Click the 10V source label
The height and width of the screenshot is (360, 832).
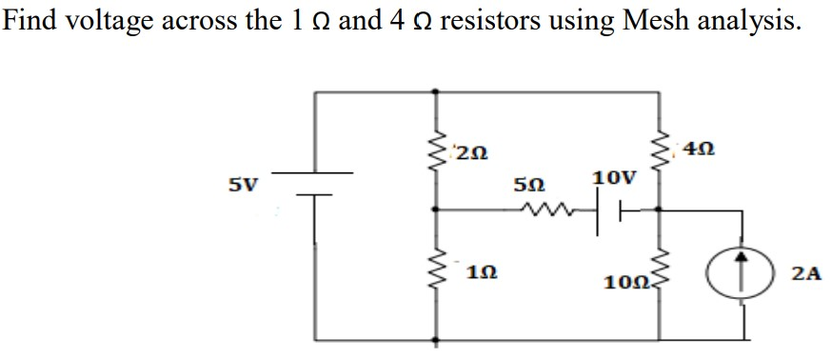click(x=609, y=178)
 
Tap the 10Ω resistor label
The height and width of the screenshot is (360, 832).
click(x=624, y=282)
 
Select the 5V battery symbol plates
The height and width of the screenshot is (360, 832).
click(x=315, y=183)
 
